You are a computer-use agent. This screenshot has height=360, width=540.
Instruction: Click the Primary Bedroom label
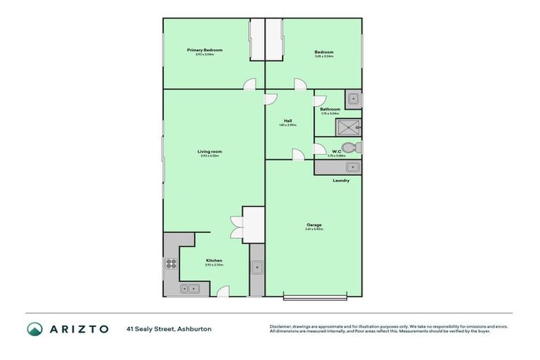pos(205,50)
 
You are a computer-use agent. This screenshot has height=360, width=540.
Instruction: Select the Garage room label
pos(314,225)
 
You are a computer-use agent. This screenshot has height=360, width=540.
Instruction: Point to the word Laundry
pos(341,181)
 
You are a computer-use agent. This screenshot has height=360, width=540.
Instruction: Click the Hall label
pos(288,120)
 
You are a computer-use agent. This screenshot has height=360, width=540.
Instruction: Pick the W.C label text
pos(336,150)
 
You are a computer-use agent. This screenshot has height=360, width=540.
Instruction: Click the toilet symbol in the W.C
pos(356,148)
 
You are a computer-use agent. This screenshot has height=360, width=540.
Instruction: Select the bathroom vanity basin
pos(354,98)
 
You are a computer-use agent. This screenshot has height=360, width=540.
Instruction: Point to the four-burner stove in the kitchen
pos(171,265)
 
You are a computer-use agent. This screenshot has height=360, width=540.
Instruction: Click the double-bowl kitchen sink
pos(190,288)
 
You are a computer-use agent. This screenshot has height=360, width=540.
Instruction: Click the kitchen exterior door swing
pos(223,291)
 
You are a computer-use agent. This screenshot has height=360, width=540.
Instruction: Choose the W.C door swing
pos(318,149)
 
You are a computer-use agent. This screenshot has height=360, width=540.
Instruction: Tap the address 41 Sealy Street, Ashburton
pos(169,329)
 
